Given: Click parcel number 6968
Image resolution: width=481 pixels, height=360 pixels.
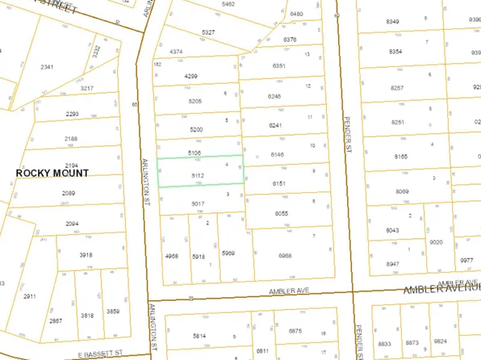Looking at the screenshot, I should [285, 255].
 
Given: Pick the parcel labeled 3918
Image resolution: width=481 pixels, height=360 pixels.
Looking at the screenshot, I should [86, 255].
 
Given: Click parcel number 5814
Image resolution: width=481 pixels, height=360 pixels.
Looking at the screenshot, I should [199, 335].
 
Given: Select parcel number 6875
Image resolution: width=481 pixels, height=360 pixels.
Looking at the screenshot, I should [294, 331].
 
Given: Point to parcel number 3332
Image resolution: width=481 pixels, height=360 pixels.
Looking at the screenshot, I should [97, 52].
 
